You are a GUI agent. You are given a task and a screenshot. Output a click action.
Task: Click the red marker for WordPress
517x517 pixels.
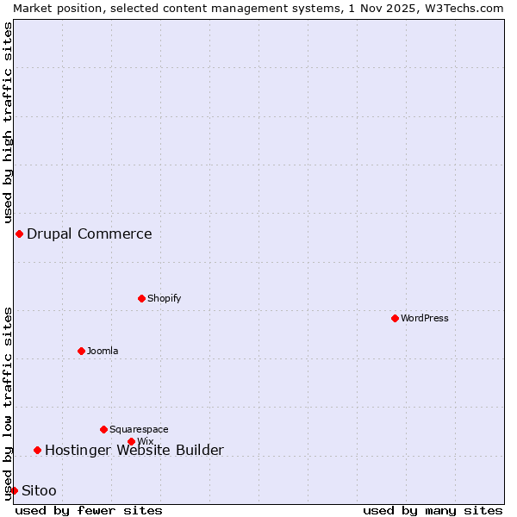coord(395,318)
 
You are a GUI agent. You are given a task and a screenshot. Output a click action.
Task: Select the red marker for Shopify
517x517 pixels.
coord(141,298)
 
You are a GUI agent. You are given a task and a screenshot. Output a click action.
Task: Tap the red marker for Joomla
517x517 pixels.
coord(81,351)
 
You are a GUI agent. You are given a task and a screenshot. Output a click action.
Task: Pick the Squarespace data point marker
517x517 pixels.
coord(103,429)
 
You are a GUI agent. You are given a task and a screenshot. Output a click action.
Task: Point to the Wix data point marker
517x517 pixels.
coord(131,441)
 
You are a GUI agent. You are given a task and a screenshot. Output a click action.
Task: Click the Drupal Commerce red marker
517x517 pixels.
coord(19,234)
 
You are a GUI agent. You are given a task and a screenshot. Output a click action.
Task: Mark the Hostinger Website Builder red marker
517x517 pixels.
coord(37,450)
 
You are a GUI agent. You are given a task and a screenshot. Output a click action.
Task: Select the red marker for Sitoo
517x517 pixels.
coord(14,490)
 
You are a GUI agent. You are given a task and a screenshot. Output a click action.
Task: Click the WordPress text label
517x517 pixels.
coord(425,318)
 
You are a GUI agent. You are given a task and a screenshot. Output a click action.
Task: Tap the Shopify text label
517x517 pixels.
coord(164,298)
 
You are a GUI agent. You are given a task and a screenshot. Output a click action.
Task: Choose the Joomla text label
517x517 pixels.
coord(103,351)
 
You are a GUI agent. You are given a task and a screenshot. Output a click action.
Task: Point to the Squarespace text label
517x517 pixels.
coord(139,429)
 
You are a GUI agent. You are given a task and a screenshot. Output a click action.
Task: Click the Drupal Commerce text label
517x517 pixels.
coord(90,234)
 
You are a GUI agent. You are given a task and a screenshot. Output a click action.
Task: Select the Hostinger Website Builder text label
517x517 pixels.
coord(134,450)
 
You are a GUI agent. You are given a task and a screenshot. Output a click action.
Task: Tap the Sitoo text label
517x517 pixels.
coord(39,490)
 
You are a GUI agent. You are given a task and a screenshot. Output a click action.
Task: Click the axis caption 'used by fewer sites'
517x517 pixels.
coord(89,510)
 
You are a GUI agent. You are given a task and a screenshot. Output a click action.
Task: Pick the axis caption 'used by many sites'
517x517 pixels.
coord(433,510)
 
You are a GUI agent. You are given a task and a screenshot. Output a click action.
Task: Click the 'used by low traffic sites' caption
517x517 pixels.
coord(8,403)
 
